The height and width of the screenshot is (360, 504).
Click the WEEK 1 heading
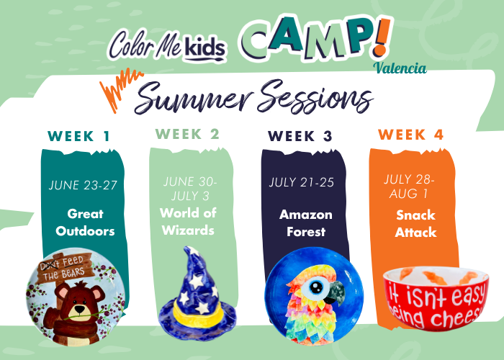(78, 136)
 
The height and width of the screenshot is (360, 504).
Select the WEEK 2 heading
(187, 134)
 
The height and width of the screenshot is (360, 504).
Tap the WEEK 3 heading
(300, 136)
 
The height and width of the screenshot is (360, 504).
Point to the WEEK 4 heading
(411, 135)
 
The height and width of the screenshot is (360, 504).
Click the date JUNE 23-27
(83, 185)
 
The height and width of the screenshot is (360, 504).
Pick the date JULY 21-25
(302, 182)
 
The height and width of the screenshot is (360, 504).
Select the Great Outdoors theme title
(85, 222)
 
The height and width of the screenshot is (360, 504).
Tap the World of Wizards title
(188, 222)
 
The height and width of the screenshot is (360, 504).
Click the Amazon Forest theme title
(306, 223)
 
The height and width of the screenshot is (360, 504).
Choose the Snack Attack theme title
(415, 224)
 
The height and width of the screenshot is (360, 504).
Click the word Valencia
(400, 68)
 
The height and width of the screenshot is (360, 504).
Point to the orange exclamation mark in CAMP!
(382, 37)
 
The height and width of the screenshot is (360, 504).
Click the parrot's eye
(316, 286)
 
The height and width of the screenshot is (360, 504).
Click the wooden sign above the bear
(65, 268)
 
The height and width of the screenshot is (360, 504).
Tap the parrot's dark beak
(336, 292)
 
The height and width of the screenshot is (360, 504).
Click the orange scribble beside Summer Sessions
(120, 89)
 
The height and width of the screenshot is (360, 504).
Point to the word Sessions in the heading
(315, 97)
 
